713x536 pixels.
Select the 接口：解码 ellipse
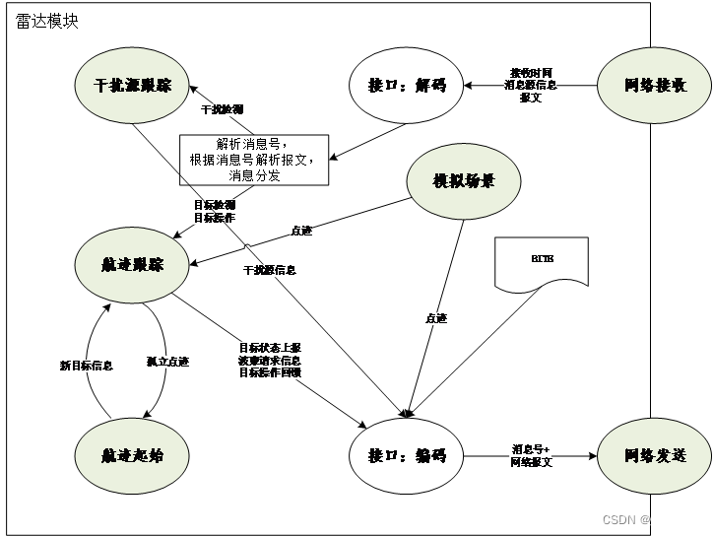(x=407, y=86)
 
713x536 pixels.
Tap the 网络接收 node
(x=655, y=86)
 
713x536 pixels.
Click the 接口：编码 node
(x=407, y=455)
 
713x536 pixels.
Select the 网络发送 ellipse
(x=655, y=455)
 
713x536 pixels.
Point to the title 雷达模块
(x=47, y=21)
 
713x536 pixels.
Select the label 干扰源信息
(x=270, y=269)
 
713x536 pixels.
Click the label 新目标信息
(x=87, y=366)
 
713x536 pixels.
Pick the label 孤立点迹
(x=167, y=362)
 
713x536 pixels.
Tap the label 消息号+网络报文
(x=532, y=454)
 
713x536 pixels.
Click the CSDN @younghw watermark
(x=648, y=518)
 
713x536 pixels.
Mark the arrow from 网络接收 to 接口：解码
(x=532, y=86)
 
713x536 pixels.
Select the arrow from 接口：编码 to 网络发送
(x=531, y=456)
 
